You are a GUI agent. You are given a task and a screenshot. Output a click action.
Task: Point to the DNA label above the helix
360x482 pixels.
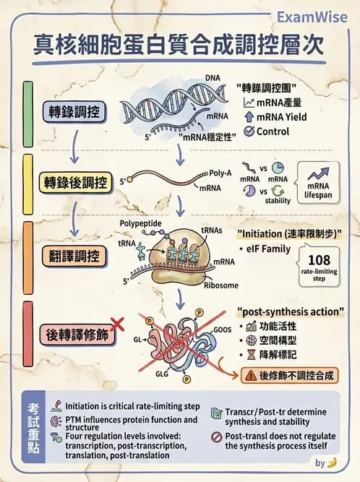(213, 77)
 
